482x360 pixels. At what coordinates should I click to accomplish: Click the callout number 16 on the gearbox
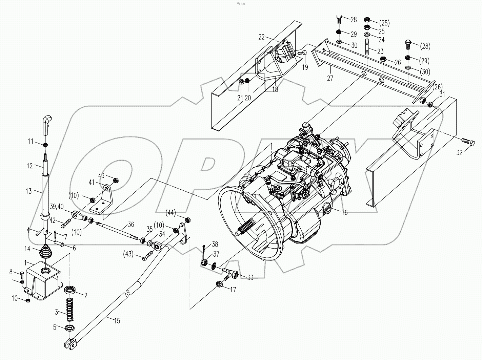pos(345,213)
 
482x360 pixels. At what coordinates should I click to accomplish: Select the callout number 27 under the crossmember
pos(330,78)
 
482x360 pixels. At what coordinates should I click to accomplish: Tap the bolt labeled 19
pos(301,53)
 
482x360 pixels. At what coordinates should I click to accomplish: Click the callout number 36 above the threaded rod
pos(130,225)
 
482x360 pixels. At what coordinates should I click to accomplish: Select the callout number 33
pos(250,278)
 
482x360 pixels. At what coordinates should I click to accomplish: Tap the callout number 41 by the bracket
pos(91,183)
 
